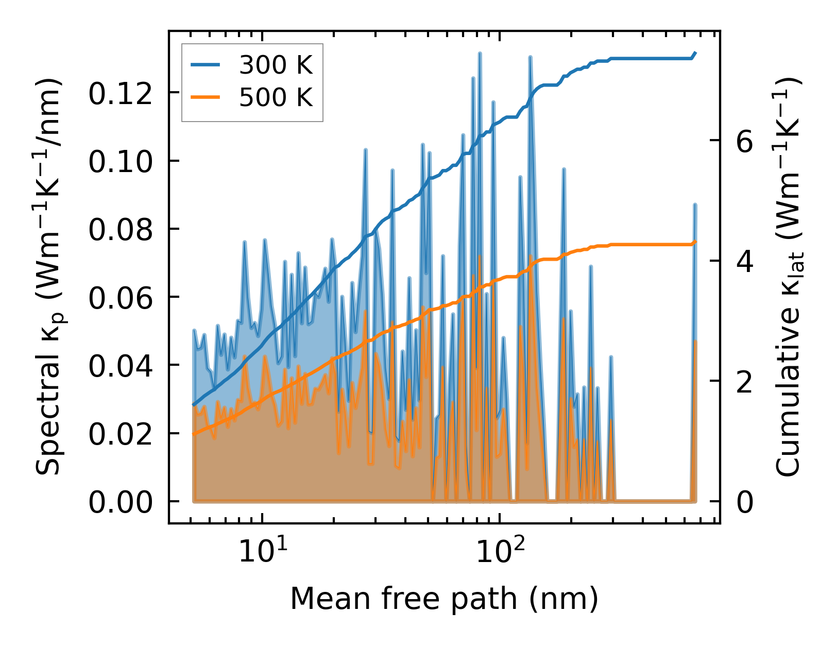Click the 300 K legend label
point(276,65)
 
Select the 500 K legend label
point(276,97)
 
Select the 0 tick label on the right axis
point(745,502)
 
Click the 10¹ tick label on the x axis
point(260,552)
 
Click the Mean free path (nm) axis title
point(444,599)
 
